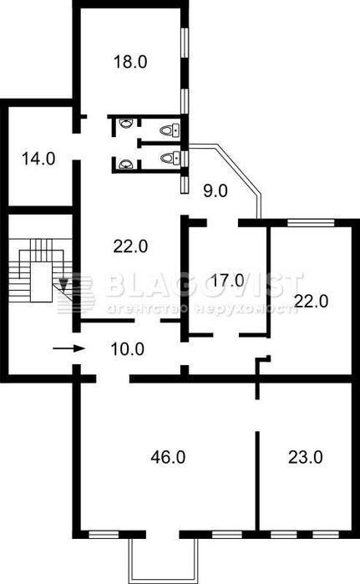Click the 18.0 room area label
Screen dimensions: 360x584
coord(130,62)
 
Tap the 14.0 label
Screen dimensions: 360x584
coord(38,159)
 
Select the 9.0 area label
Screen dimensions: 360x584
coord(215,191)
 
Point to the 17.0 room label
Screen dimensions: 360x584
coord(227,280)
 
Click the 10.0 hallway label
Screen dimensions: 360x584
coord(128,349)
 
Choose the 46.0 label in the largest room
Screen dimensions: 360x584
coord(168,457)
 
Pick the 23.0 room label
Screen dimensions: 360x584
coord(305,457)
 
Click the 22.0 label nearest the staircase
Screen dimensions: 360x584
coord(130,246)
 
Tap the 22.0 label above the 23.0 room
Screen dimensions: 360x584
coord(312,301)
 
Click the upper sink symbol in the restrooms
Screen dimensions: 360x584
coord(126,124)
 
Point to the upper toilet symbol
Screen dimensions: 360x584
coord(170,130)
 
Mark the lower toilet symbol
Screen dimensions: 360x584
coord(171,158)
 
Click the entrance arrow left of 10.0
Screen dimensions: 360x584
coord(69,349)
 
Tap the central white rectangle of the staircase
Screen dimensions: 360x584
coord(41,282)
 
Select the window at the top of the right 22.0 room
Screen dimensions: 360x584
coord(312,223)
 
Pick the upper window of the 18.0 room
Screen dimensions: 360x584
coord(185,43)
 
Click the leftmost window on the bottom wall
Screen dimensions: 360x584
coord(104,535)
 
